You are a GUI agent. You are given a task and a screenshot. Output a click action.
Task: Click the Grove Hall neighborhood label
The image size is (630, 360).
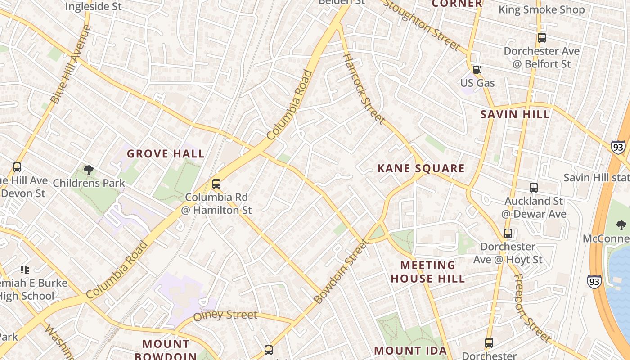pyautogui.click(x=166, y=154)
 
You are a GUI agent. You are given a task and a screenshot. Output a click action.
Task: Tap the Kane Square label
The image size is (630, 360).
pyautogui.click(x=421, y=169)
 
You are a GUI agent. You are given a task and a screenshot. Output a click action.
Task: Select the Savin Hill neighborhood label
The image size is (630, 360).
pyautogui.click(x=515, y=114)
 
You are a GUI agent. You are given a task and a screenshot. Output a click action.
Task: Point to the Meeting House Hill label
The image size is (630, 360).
pyautogui.click(x=427, y=272)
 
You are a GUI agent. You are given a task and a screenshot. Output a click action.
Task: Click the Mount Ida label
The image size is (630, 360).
pyautogui.click(x=410, y=351)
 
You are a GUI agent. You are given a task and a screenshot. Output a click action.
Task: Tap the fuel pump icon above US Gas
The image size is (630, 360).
pyautogui.click(x=477, y=70)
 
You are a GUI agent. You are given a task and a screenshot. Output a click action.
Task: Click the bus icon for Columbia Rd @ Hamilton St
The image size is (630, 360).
pyautogui.click(x=216, y=184)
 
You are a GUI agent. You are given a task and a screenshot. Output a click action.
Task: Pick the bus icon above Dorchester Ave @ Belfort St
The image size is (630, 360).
pyautogui.click(x=541, y=38)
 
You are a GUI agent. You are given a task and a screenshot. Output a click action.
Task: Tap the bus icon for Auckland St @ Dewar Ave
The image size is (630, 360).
pyautogui.click(x=534, y=188)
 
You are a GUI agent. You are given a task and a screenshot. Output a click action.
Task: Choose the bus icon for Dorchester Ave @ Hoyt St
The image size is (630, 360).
pyautogui.click(x=508, y=234)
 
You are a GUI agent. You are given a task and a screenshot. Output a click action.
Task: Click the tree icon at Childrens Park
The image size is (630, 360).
pyautogui.click(x=89, y=170)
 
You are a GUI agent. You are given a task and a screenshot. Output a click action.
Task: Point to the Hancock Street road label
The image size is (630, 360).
pyautogui.click(x=364, y=88)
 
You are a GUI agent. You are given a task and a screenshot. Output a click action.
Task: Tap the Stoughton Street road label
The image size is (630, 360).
pyautogui.click(x=422, y=26)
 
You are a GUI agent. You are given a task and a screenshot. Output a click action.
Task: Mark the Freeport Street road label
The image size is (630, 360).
pyautogui.click(x=532, y=308)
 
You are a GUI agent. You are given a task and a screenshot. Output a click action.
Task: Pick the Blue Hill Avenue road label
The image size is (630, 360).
pyautogui.click(x=71, y=64)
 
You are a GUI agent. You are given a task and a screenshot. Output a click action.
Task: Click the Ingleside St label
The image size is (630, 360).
pyautogui.click(x=93, y=6)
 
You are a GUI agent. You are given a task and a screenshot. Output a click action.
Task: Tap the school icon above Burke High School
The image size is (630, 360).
pyautogui.click(x=25, y=270)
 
